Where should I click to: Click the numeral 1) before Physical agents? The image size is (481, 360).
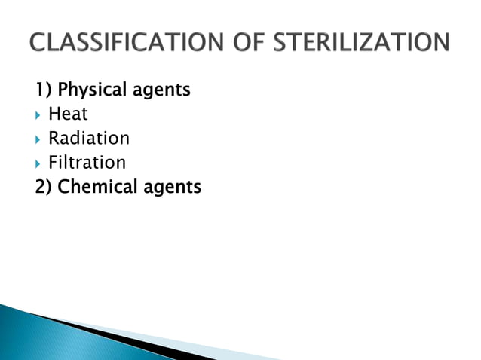tap(44, 90)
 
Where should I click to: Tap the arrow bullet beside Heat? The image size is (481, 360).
tap(39, 114)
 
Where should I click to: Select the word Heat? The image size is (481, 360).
tap(68, 114)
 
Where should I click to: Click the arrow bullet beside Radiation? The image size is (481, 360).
tap(39, 139)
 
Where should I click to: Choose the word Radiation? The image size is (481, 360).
tap(88, 139)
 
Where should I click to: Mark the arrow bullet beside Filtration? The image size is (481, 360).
tap(39, 163)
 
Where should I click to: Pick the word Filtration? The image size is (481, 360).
tap(87, 163)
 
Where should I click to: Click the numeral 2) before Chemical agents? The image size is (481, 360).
tap(44, 186)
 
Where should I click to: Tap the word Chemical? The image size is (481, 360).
tap(93, 186)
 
